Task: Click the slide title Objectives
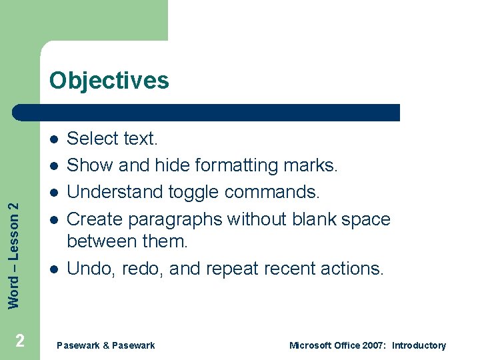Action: click(x=109, y=81)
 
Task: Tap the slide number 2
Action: click(x=20, y=341)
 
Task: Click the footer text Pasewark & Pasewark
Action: click(x=106, y=345)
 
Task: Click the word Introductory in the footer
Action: click(x=419, y=345)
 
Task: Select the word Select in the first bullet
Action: click(x=90, y=139)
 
